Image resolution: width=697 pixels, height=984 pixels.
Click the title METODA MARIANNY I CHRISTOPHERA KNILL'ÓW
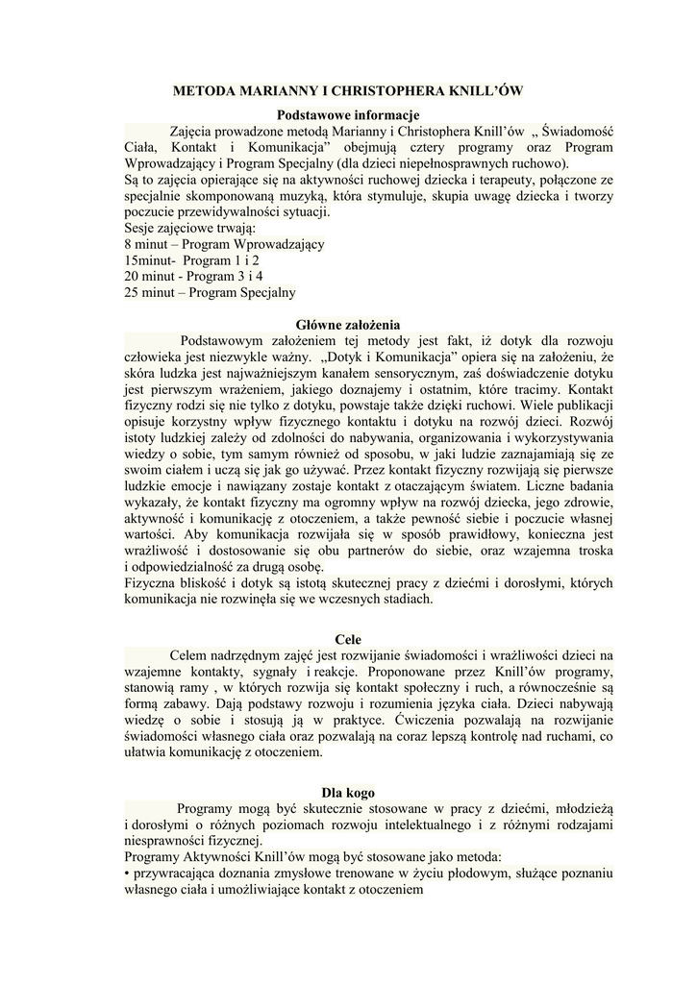pos(347,91)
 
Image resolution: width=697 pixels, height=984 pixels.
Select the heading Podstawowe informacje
pos(348,115)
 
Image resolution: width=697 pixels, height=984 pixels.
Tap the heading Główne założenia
pos(347,325)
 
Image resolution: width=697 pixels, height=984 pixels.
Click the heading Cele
pos(347,639)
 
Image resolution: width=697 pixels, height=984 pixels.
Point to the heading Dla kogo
pos(347,793)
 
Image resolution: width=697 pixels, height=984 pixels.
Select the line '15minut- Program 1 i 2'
pos(191,259)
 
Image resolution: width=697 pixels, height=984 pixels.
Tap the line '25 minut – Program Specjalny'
pos(210,292)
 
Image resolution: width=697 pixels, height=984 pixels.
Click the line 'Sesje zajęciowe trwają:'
pos(189,228)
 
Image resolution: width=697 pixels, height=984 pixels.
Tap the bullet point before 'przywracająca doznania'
pos(127,873)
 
